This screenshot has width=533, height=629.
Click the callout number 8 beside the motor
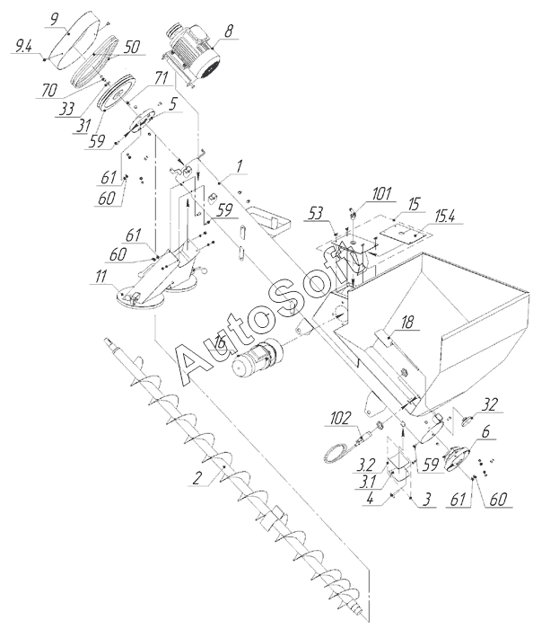tap(229, 31)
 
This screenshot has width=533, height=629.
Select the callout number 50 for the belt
tap(131, 47)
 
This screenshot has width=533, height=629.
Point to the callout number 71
tap(161, 79)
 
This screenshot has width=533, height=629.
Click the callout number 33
tap(66, 109)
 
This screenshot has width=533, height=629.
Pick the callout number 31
tap(83, 126)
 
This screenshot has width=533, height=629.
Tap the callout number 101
tap(380, 194)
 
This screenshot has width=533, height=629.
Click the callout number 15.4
tap(445, 217)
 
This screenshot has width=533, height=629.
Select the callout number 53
tap(316, 214)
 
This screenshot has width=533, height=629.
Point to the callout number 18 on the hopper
tap(407, 323)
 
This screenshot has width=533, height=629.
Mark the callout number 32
tap(489, 405)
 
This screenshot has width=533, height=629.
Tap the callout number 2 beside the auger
tap(197, 479)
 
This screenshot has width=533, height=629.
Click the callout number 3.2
tap(365, 465)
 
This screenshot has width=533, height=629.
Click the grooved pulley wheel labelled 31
tap(117, 93)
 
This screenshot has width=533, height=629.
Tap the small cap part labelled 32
tap(467, 421)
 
